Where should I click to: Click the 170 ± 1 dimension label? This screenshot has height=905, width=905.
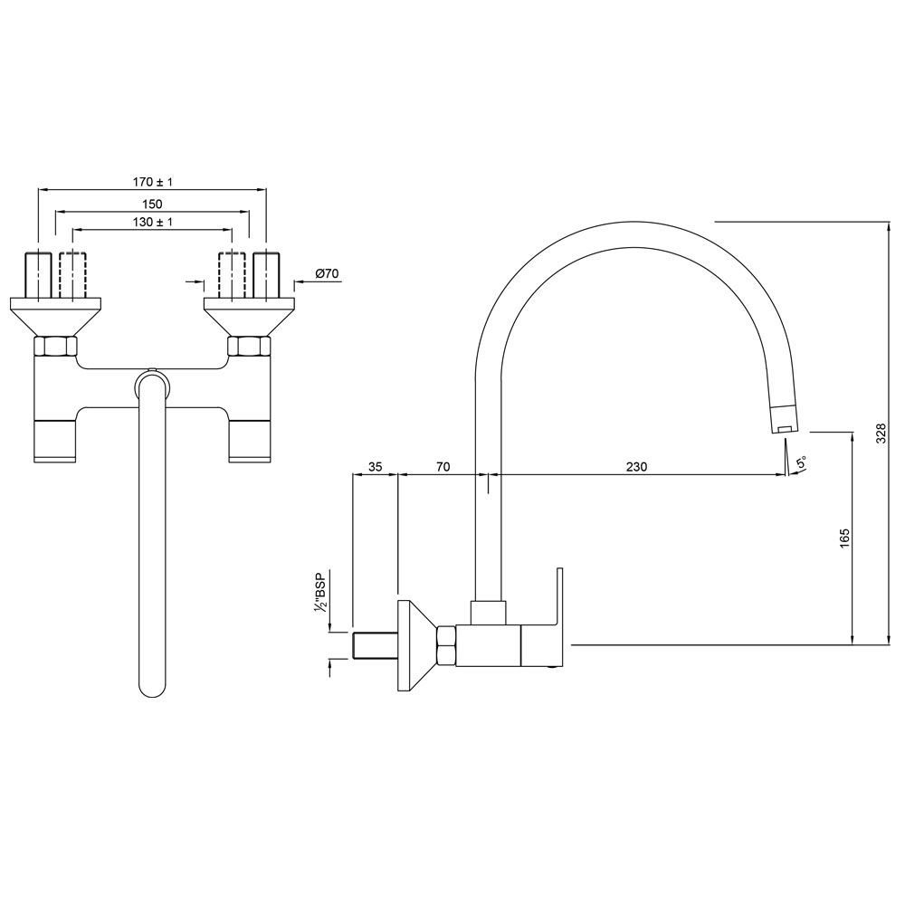point(151,182)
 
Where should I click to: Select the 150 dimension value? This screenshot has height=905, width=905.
point(151,205)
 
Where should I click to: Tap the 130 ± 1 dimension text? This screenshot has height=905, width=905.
point(151,223)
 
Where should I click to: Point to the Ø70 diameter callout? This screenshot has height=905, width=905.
point(326,273)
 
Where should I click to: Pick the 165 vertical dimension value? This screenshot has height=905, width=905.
point(843,538)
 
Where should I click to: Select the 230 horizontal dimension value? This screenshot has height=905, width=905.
point(636,467)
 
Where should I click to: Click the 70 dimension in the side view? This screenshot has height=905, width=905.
point(443,467)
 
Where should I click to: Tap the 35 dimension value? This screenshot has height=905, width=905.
point(375,467)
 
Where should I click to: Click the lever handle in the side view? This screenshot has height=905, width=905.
point(560,615)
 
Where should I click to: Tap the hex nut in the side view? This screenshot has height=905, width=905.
point(445,645)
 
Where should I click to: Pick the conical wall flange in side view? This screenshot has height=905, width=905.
point(414,645)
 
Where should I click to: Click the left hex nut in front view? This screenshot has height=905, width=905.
point(55,346)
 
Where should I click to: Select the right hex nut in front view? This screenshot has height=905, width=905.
point(248,346)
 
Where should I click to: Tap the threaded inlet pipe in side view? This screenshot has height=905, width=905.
point(373,646)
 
